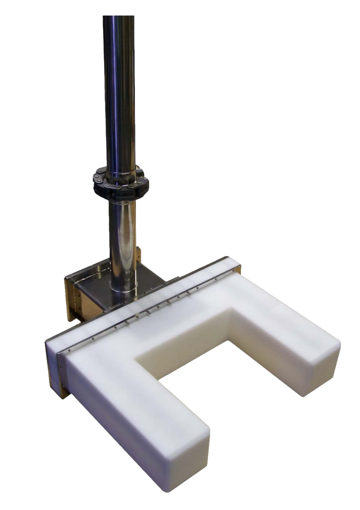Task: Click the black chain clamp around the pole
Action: pyautogui.click(x=121, y=180)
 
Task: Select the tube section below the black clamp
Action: pyautogui.click(x=123, y=234)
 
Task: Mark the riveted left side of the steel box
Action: pyautogui.click(x=72, y=295)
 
